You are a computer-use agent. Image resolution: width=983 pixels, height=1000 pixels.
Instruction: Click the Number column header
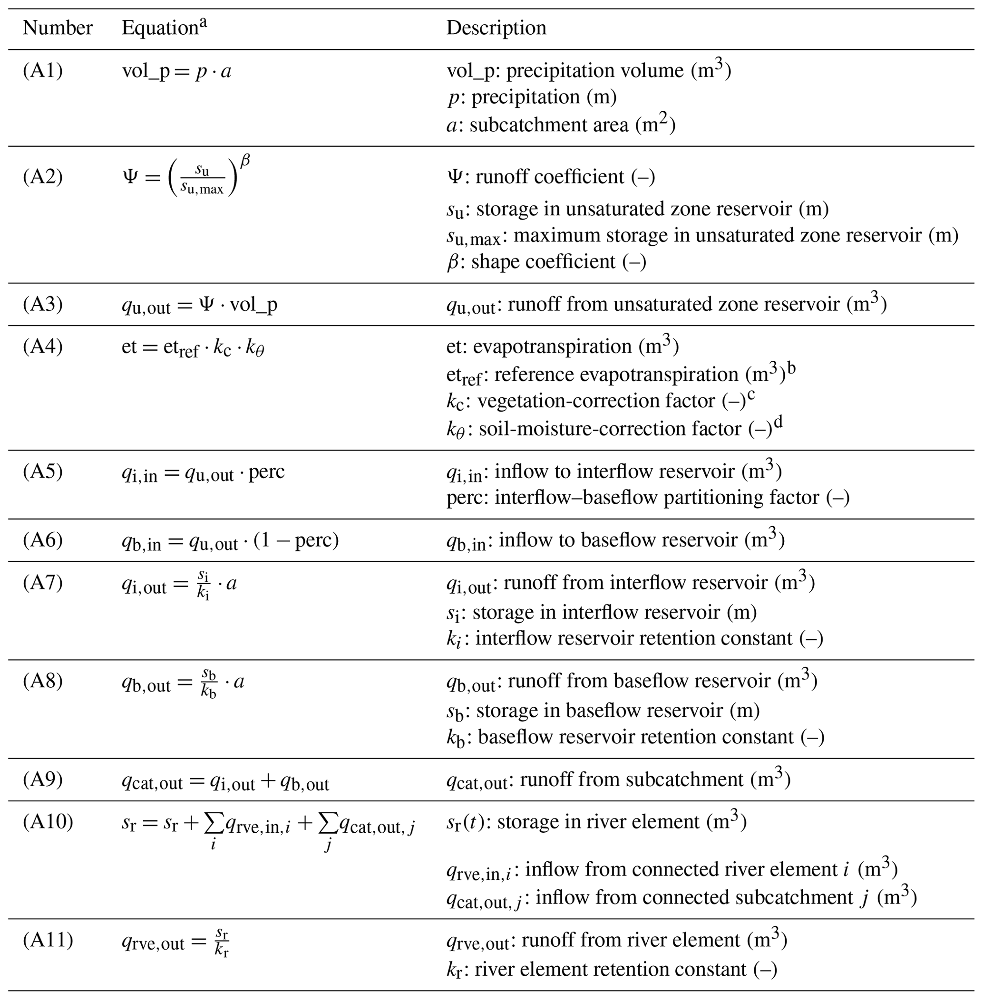(x=58, y=28)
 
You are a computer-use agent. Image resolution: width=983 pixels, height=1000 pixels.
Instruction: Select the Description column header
(x=496, y=28)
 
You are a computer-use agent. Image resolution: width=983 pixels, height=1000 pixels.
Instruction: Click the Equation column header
(x=160, y=28)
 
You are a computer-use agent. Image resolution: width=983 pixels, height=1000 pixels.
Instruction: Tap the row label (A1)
(x=42, y=71)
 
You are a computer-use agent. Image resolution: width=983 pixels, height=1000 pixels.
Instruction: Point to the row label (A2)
(x=42, y=177)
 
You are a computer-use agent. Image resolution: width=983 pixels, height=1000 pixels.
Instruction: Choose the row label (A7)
(x=42, y=583)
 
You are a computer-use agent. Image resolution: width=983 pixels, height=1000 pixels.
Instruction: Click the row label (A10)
(x=48, y=821)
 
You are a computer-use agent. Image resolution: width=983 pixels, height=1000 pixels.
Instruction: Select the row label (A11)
(x=48, y=940)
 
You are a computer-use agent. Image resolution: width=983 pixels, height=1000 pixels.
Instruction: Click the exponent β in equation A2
(x=245, y=161)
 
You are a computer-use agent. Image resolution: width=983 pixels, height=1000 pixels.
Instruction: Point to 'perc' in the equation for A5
(x=266, y=472)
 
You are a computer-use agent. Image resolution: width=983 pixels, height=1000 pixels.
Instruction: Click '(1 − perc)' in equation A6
(x=296, y=540)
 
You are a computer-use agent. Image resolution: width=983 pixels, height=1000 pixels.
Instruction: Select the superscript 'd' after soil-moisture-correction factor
(x=779, y=422)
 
